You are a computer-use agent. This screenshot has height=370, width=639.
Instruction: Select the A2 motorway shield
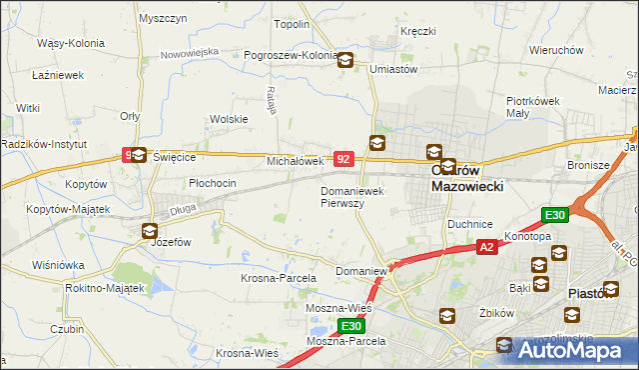[486, 247]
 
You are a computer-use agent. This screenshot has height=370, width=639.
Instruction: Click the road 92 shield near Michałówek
[343, 159]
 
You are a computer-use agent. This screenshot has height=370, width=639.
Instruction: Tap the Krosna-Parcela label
[279, 278]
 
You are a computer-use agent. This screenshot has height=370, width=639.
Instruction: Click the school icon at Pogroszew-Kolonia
[344, 60]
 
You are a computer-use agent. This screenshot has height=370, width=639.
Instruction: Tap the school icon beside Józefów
[149, 231]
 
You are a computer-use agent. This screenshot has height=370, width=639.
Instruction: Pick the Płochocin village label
[213, 183]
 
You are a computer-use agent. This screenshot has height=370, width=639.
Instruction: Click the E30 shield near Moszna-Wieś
[350, 326]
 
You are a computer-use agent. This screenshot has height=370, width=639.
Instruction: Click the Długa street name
[182, 209]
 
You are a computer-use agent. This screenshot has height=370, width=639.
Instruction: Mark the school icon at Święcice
[139, 155]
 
